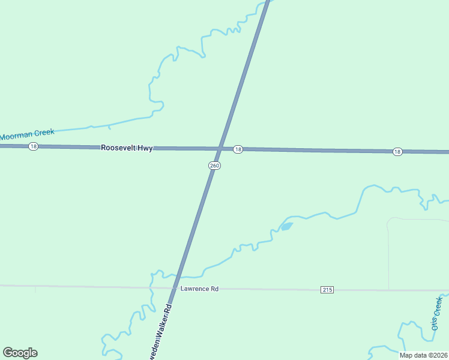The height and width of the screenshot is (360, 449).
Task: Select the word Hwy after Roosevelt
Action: click(145, 148)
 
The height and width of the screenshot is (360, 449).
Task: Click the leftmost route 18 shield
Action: click(34, 146)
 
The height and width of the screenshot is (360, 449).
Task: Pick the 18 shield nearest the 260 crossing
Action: click(238, 149)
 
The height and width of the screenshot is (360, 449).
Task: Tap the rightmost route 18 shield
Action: click(397, 152)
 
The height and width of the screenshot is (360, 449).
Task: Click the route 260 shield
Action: click(214, 166)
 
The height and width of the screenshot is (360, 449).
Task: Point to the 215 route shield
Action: click(327, 290)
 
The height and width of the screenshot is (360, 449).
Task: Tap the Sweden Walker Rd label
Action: click(159, 334)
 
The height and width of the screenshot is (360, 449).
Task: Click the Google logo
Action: click(20, 353)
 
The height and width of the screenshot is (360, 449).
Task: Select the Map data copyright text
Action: click(424, 355)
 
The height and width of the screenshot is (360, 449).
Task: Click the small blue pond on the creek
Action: click(286, 226)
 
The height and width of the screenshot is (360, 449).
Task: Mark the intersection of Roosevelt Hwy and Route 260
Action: click(223, 148)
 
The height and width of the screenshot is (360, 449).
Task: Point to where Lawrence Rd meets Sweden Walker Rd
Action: click(174, 288)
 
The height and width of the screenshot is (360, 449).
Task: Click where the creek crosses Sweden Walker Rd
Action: click(178, 277)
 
